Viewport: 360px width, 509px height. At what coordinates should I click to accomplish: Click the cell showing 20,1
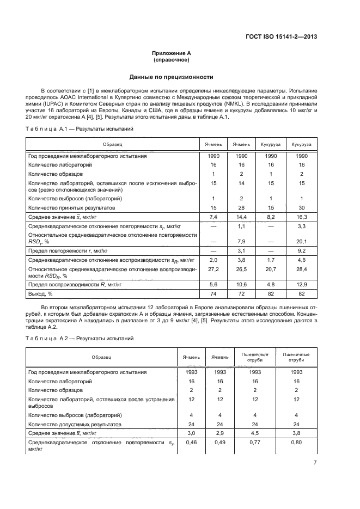point(301,241)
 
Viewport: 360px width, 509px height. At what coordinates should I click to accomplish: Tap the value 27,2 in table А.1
point(213,268)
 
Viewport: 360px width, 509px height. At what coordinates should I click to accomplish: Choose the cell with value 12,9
point(301,285)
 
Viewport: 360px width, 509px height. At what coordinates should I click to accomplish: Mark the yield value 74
point(213,293)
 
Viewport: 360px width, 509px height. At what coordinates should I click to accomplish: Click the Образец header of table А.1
point(113,144)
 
